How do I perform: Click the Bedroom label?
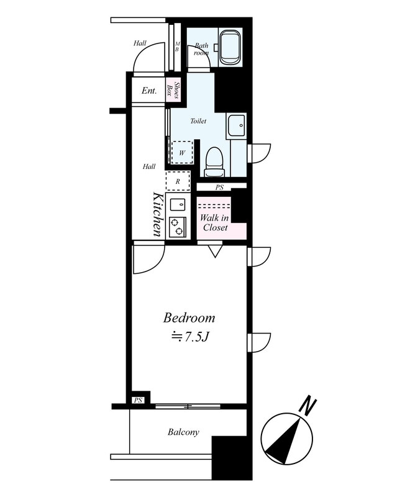click(x=189, y=318)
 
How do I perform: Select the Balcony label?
click(x=183, y=432)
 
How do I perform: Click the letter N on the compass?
click(x=308, y=406)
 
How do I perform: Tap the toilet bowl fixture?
click(x=214, y=162)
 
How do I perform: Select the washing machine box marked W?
click(x=182, y=152)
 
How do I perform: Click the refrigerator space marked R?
click(x=178, y=181)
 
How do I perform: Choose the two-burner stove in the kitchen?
click(x=178, y=227)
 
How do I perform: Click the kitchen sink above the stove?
click(x=178, y=204)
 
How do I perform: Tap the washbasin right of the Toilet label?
click(x=236, y=125)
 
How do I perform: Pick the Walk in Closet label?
click(x=215, y=222)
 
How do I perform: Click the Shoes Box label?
click(x=174, y=90)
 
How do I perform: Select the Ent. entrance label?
click(x=149, y=91)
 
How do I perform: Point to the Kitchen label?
click(x=157, y=214)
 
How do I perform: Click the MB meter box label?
click(x=177, y=47)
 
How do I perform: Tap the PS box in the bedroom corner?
click(x=138, y=400)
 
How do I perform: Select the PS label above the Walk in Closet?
click(x=219, y=188)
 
